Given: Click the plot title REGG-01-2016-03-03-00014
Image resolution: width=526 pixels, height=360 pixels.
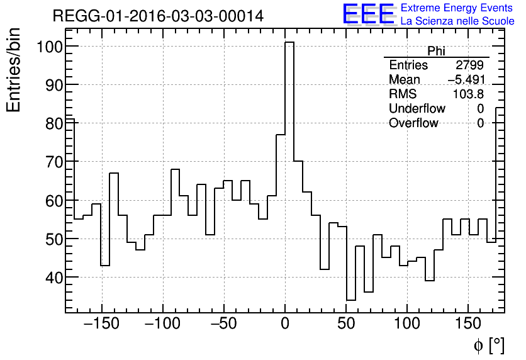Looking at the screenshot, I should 158,16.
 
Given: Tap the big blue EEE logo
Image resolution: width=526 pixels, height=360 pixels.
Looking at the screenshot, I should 368,14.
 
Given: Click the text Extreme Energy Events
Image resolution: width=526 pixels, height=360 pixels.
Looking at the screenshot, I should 457,8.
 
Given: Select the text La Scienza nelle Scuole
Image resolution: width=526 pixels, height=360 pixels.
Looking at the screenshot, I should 457,21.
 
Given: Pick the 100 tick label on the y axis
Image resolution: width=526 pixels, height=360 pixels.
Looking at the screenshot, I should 48,47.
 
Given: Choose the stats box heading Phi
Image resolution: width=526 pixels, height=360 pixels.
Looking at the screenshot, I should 436,51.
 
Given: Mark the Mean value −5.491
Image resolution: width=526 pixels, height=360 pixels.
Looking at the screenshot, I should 466,80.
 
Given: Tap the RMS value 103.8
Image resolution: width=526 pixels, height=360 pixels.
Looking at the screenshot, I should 468,94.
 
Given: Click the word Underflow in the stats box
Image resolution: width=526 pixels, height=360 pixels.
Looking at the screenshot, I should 417,108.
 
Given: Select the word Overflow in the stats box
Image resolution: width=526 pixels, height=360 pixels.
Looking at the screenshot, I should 413,123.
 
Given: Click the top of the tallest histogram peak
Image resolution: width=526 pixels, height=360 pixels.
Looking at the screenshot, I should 289,43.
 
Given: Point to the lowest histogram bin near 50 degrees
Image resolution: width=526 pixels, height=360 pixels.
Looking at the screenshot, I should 351,300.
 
